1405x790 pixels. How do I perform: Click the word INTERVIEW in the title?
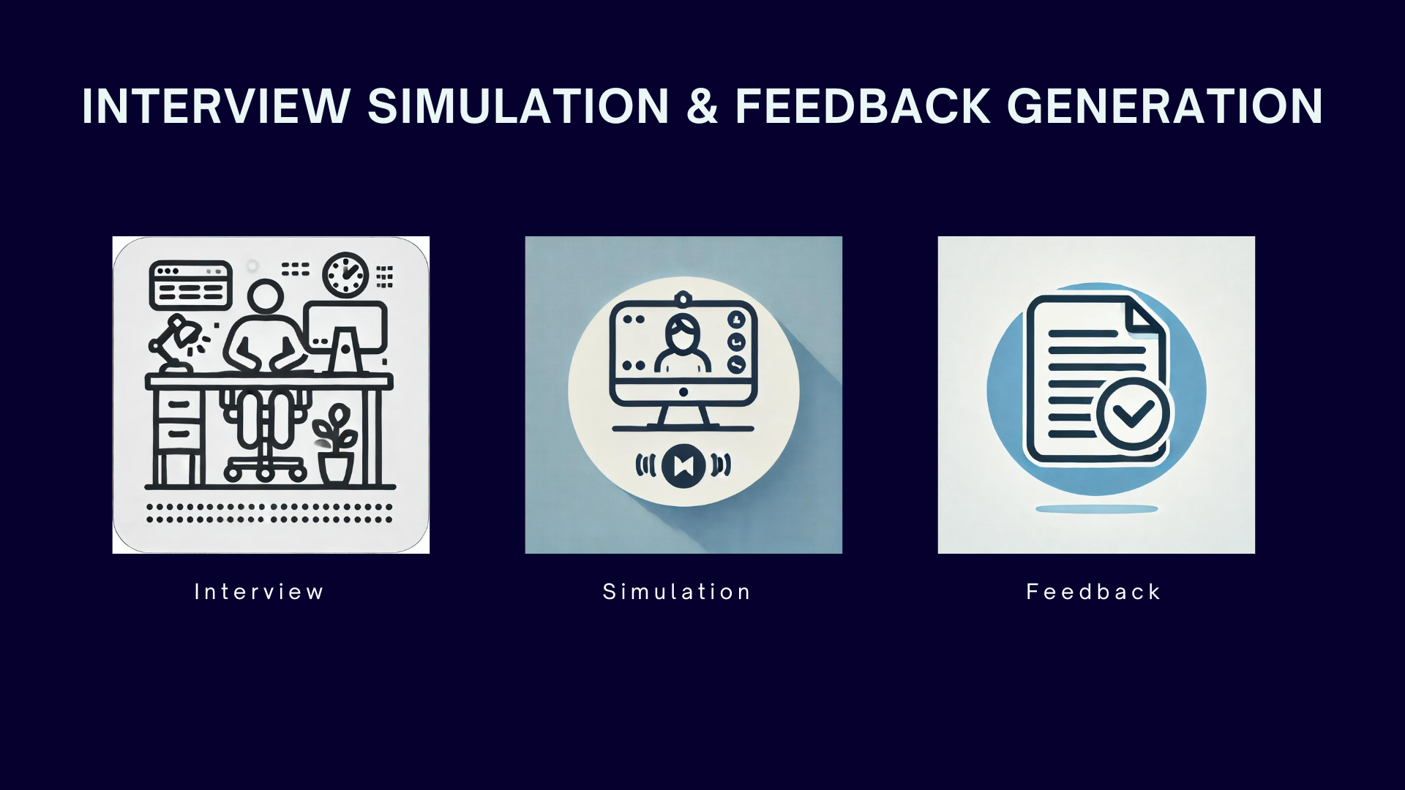pyautogui.click(x=217, y=107)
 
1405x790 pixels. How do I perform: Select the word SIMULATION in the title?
pyautogui.click(x=518, y=107)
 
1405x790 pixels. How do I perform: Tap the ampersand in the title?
pyautogui.click(x=702, y=107)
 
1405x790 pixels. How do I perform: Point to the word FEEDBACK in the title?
pyautogui.click(x=863, y=107)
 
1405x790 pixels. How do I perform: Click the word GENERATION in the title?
pyautogui.click(x=1165, y=107)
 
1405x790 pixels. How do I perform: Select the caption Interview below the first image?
pyautogui.click(x=259, y=592)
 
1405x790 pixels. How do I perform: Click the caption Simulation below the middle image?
pyautogui.click(x=677, y=592)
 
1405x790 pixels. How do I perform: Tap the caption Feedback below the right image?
pyautogui.click(x=1094, y=592)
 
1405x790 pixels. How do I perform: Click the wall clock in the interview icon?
pyautogui.click(x=346, y=274)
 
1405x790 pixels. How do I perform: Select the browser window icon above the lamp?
pyautogui.click(x=191, y=285)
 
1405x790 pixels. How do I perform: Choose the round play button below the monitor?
pyautogui.click(x=683, y=465)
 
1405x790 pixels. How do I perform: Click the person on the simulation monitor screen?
pyautogui.click(x=683, y=343)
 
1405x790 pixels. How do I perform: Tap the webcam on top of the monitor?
pyautogui.click(x=683, y=298)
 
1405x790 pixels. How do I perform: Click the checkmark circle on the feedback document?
pyautogui.click(x=1133, y=413)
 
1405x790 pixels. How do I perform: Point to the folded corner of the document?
pyautogui.click(x=1143, y=316)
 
